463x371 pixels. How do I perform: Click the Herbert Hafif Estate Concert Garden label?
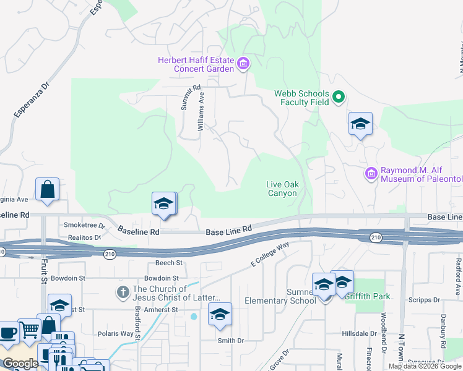click(196, 64)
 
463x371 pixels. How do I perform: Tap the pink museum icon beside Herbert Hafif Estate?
click(243, 63)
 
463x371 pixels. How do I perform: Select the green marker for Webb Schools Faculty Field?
click(339, 97)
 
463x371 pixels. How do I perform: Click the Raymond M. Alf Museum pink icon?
click(371, 173)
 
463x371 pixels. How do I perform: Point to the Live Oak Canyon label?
click(282, 189)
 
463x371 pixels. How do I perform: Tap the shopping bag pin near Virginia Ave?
click(48, 190)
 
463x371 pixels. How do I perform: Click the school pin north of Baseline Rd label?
click(164, 204)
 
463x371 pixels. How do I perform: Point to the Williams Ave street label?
click(201, 111)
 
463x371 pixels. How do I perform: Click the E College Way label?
click(270, 254)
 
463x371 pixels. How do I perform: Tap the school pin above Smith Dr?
click(219, 314)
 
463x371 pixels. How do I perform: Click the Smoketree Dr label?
click(84, 226)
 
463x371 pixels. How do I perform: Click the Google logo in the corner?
click(20, 364)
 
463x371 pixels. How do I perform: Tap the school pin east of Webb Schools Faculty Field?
click(360, 124)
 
